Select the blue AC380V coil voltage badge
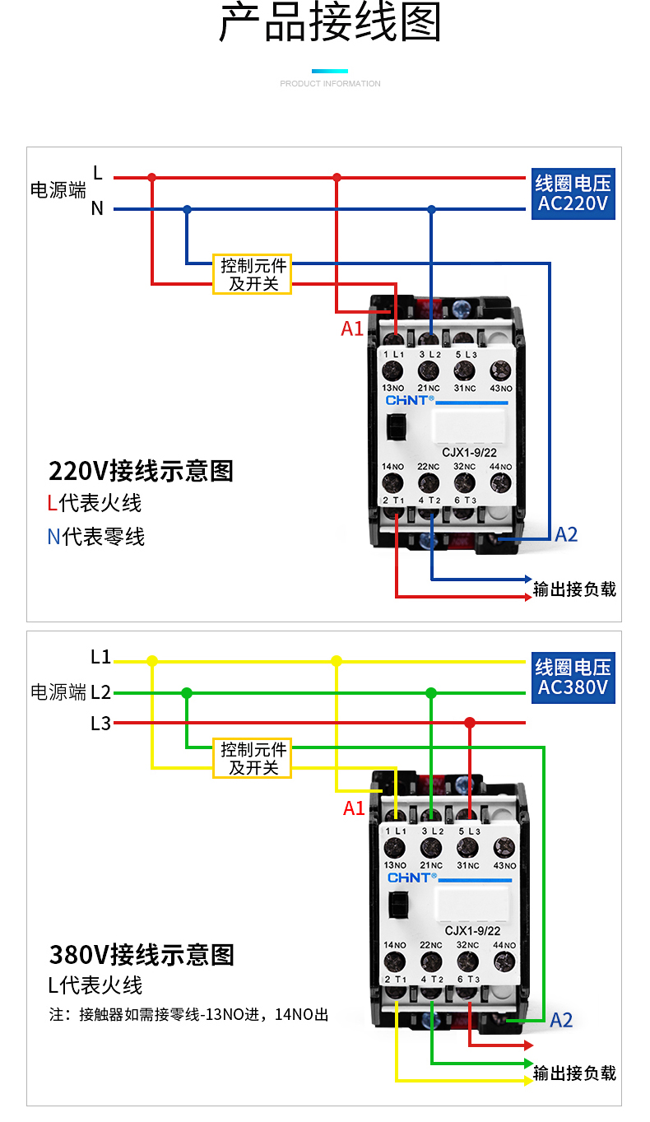(x=573, y=677)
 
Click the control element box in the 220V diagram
(x=253, y=275)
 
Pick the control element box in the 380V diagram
(x=253, y=758)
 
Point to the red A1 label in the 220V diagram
(x=352, y=328)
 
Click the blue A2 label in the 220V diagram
(x=566, y=534)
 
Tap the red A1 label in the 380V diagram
(x=354, y=808)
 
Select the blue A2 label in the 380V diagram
(x=561, y=1021)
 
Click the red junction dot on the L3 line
(x=470, y=723)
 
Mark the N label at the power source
(x=97, y=209)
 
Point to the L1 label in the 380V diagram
(x=100, y=658)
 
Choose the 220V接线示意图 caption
(x=142, y=471)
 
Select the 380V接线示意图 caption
(x=142, y=955)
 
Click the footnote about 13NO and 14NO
(x=188, y=1015)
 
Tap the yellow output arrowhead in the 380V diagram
(x=528, y=1080)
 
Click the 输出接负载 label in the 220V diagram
(x=574, y=589)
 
